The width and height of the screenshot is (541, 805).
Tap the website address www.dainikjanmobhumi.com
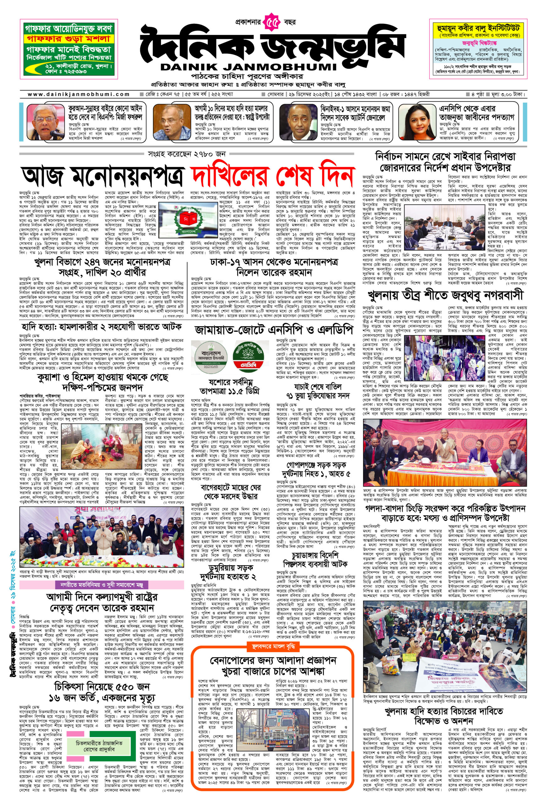79,94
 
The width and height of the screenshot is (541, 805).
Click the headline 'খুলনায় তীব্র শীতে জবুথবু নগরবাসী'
445,295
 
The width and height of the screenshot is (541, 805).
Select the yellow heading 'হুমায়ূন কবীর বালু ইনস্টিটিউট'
480,28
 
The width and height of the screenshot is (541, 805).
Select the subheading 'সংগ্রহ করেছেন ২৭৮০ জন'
187,154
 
